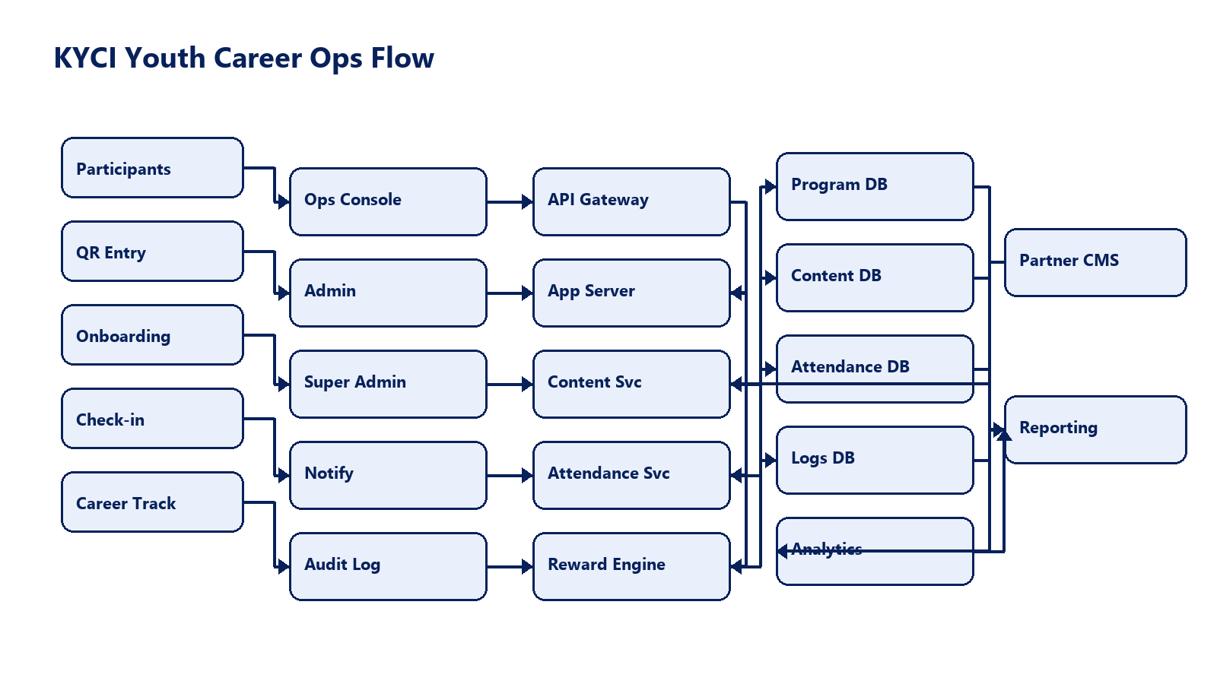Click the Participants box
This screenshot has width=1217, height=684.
click(x=152, y=168)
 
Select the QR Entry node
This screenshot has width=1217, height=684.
click(x=152, y=252)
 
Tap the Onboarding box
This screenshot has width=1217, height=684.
click(x=152, y=335)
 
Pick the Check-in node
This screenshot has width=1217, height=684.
click(x=152, y=419)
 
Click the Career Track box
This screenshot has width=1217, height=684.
click(x=152, y=502)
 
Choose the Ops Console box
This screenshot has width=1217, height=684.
click(x=388, y=201)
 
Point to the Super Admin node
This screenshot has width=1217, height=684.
click(x=388, y=384)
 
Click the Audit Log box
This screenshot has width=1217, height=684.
click(x=388, y=566)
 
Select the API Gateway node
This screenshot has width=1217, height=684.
click(x=631, y=201)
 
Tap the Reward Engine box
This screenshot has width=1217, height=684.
click(x=631, y=566)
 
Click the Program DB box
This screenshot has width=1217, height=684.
click(x=875, y=186)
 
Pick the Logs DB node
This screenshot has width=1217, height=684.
click(x=875, y=460)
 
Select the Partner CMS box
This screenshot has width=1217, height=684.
click(x=1095, y=262)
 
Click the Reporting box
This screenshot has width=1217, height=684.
click(x=1095, y=429)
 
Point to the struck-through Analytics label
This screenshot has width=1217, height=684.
click(x=827, y=549)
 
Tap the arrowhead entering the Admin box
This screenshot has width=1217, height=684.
click(x=284, y=293)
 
